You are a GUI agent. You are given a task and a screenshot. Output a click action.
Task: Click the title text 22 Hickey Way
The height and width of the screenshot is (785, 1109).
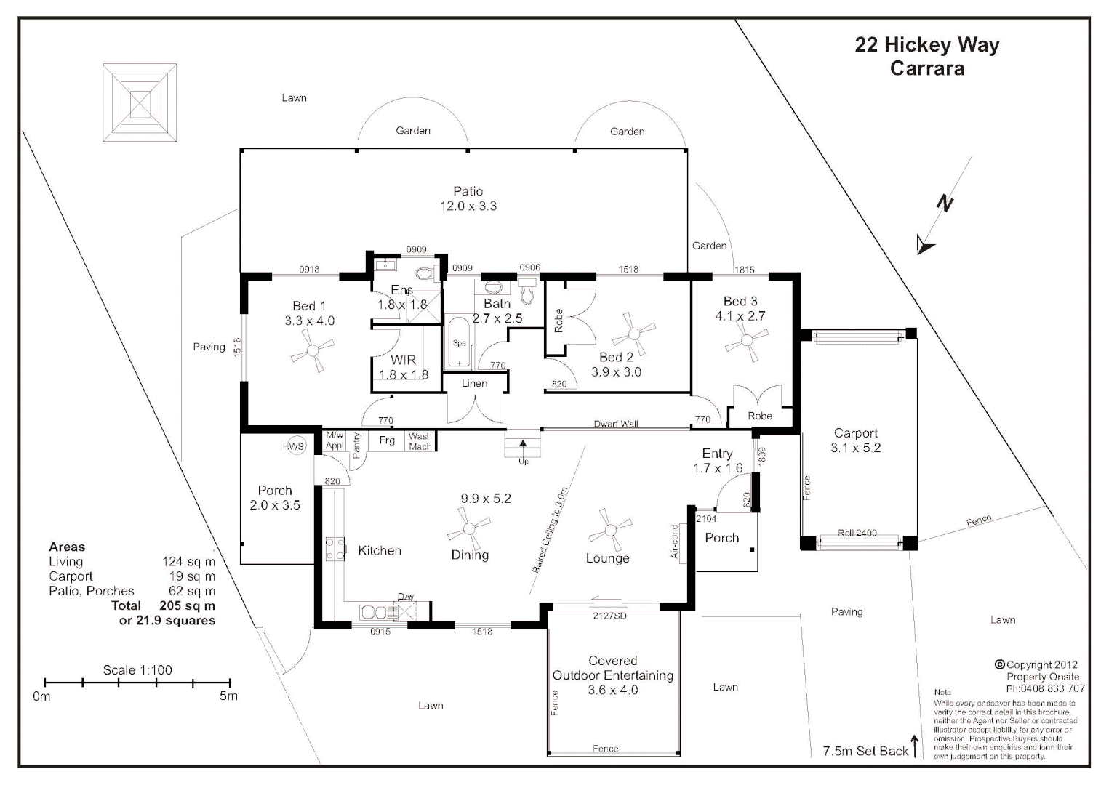926,45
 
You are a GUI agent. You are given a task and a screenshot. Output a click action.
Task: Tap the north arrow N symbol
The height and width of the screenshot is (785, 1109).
943,205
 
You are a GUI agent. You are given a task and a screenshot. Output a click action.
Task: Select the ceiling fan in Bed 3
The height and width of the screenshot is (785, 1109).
746,341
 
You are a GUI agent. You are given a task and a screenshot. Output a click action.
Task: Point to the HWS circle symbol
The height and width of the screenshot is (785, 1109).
295,446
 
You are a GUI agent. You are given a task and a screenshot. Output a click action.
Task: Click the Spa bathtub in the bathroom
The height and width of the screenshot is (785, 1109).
459,342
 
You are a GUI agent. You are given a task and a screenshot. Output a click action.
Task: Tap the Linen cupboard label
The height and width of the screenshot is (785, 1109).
474,383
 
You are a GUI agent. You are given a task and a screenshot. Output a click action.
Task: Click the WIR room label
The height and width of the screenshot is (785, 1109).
403,360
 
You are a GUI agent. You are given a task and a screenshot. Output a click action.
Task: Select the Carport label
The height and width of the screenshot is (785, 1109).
855,433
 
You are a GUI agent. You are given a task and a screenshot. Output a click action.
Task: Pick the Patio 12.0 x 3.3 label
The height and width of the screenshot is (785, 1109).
468,198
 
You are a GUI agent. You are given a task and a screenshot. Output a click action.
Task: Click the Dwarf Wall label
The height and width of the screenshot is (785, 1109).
615,424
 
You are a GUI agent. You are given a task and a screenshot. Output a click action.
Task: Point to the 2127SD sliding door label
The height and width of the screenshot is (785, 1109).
609,616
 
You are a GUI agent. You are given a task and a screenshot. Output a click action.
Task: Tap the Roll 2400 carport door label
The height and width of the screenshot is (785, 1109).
857,533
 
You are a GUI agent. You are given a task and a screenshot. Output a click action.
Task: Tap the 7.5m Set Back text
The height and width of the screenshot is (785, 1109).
865,751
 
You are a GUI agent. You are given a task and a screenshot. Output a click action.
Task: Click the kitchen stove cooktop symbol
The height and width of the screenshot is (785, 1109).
335,549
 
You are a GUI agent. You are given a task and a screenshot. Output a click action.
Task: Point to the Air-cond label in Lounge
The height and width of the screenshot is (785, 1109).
674,542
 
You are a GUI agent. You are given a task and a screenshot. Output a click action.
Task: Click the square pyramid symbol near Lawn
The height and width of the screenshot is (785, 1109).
140,102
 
